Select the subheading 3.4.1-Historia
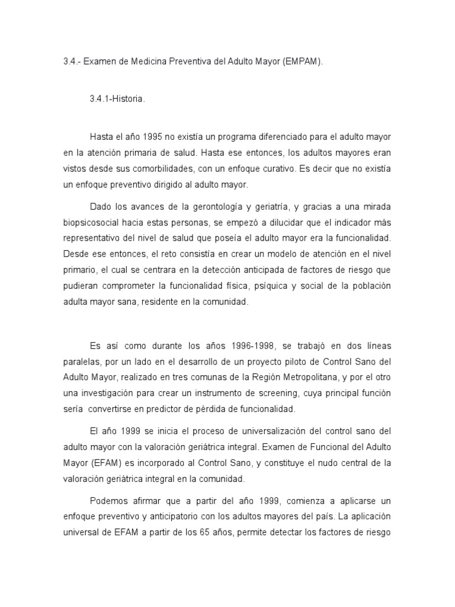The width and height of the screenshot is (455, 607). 117,99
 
